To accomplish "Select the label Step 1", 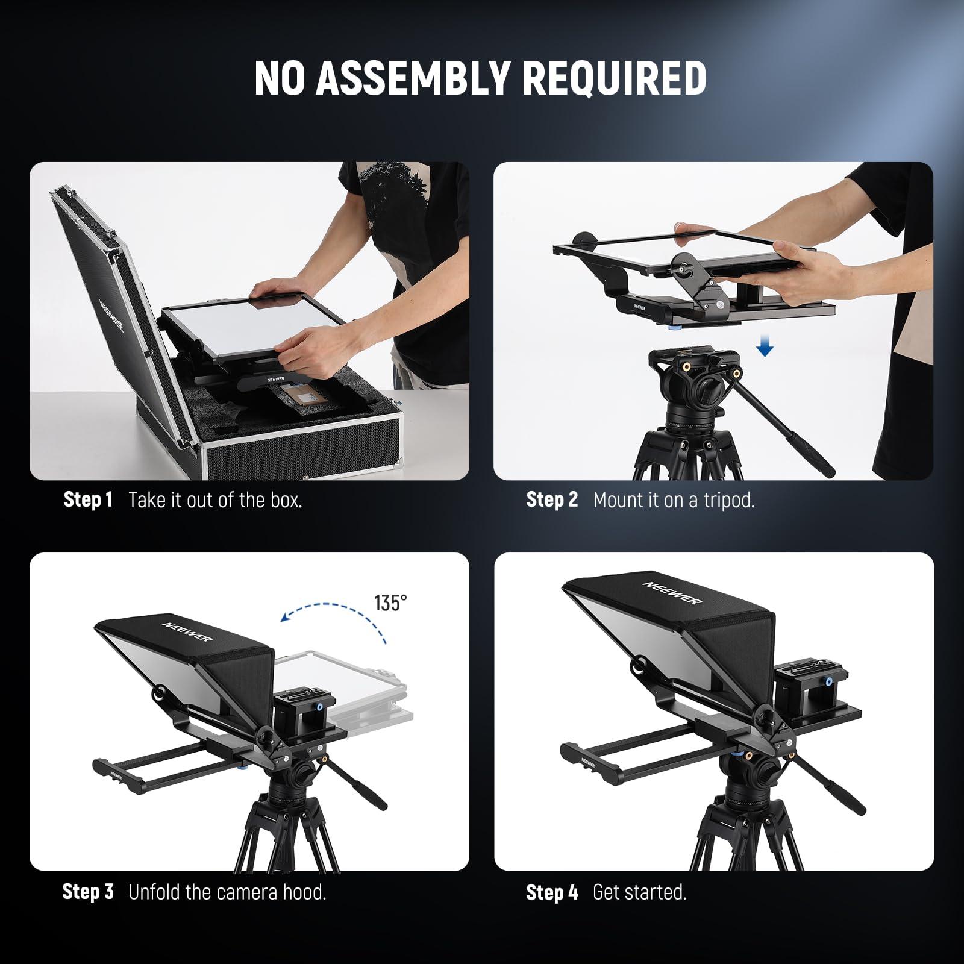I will tap(88, 500).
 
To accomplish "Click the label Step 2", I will tap(552, 500).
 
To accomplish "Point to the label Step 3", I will tap(88, 892).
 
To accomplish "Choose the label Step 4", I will tap(552, 892).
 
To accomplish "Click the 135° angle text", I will tap(390, 602).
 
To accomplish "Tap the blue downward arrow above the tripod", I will tap(765, 347).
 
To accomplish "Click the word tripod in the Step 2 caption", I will tap(729, 501).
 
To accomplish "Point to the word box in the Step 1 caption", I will tap(285, 500).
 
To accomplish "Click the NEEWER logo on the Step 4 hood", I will tap(672, 593).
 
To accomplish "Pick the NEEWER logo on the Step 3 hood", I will tap(187, 628).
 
